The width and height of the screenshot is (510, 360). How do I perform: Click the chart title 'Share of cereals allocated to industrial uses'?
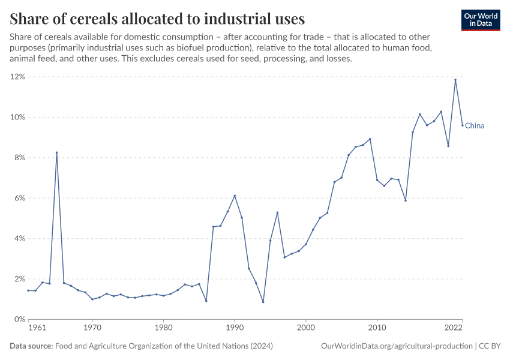(157, 18)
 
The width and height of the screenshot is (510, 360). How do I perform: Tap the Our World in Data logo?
(480, 20)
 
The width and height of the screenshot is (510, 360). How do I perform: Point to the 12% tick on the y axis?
(17, 77)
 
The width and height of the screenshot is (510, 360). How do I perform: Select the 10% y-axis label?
(17, 117)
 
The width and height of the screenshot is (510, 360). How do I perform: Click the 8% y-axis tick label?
(19, 158)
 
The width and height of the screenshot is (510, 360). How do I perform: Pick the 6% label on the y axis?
(19, 198)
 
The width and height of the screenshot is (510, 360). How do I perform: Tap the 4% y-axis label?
(19, 239)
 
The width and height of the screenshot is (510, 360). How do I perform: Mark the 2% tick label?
(19, 279)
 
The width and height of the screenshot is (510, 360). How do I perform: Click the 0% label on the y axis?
(19, 319)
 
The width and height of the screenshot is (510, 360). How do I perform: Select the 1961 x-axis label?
(37, 328)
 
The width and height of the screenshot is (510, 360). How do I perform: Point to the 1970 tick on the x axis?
(92, 328)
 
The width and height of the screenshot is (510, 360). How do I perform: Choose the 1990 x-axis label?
(235, 328)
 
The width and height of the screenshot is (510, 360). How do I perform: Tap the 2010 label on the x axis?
(377, 328)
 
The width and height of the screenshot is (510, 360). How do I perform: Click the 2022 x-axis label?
(454, 328)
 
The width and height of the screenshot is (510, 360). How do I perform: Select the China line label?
(475, 126)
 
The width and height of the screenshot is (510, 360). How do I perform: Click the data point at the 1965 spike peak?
(56, 152)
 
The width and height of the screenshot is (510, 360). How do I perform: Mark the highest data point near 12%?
(455, 80)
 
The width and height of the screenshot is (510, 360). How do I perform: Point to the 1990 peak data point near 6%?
(235, 196)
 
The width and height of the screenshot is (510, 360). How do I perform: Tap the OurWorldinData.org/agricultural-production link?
(397, 346)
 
